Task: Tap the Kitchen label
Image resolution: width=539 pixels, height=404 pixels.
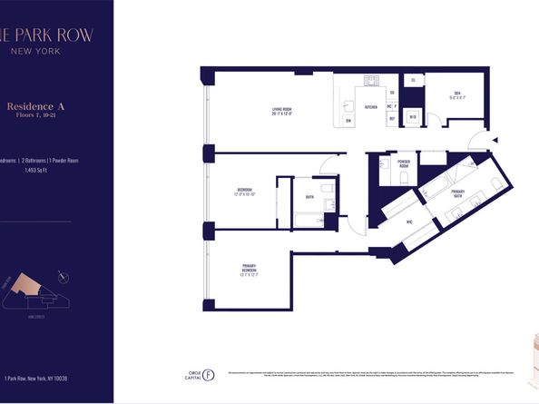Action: point(370,107)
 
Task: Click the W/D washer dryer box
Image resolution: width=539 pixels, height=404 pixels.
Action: point(413,115)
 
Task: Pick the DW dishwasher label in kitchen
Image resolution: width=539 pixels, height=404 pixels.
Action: point(349,119)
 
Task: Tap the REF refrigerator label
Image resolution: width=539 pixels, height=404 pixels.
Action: point(392,118)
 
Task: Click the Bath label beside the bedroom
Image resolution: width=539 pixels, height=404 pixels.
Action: point(309,196)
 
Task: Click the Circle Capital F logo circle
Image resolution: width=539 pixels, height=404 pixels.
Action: point(210,371)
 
